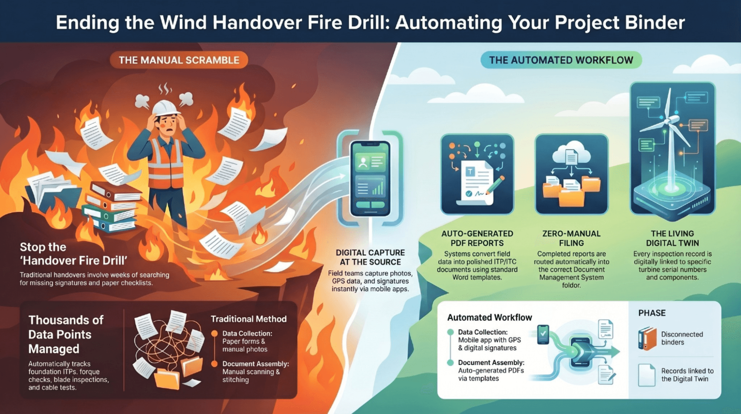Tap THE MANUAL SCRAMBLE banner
(x=179, y=60)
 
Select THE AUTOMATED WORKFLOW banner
(x=561, y=60)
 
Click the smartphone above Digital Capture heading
(x=370, y=178)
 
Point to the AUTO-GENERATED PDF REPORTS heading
(x=477, y=238)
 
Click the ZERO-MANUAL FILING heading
(x=571, y=238)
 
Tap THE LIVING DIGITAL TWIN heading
(x=672, y=238)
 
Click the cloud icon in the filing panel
(x=571, y=153)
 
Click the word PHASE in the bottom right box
(x=652, y=313)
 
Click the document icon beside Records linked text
(x=646, y=375)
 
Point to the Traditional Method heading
(x=248, y=319)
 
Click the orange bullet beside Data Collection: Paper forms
(x=214, y=333)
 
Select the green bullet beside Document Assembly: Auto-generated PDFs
(x=450, y=362)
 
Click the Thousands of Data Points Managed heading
(x=66, y=334)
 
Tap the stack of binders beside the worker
(x=111, y=206)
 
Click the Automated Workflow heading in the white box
(x=489, y=318)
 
